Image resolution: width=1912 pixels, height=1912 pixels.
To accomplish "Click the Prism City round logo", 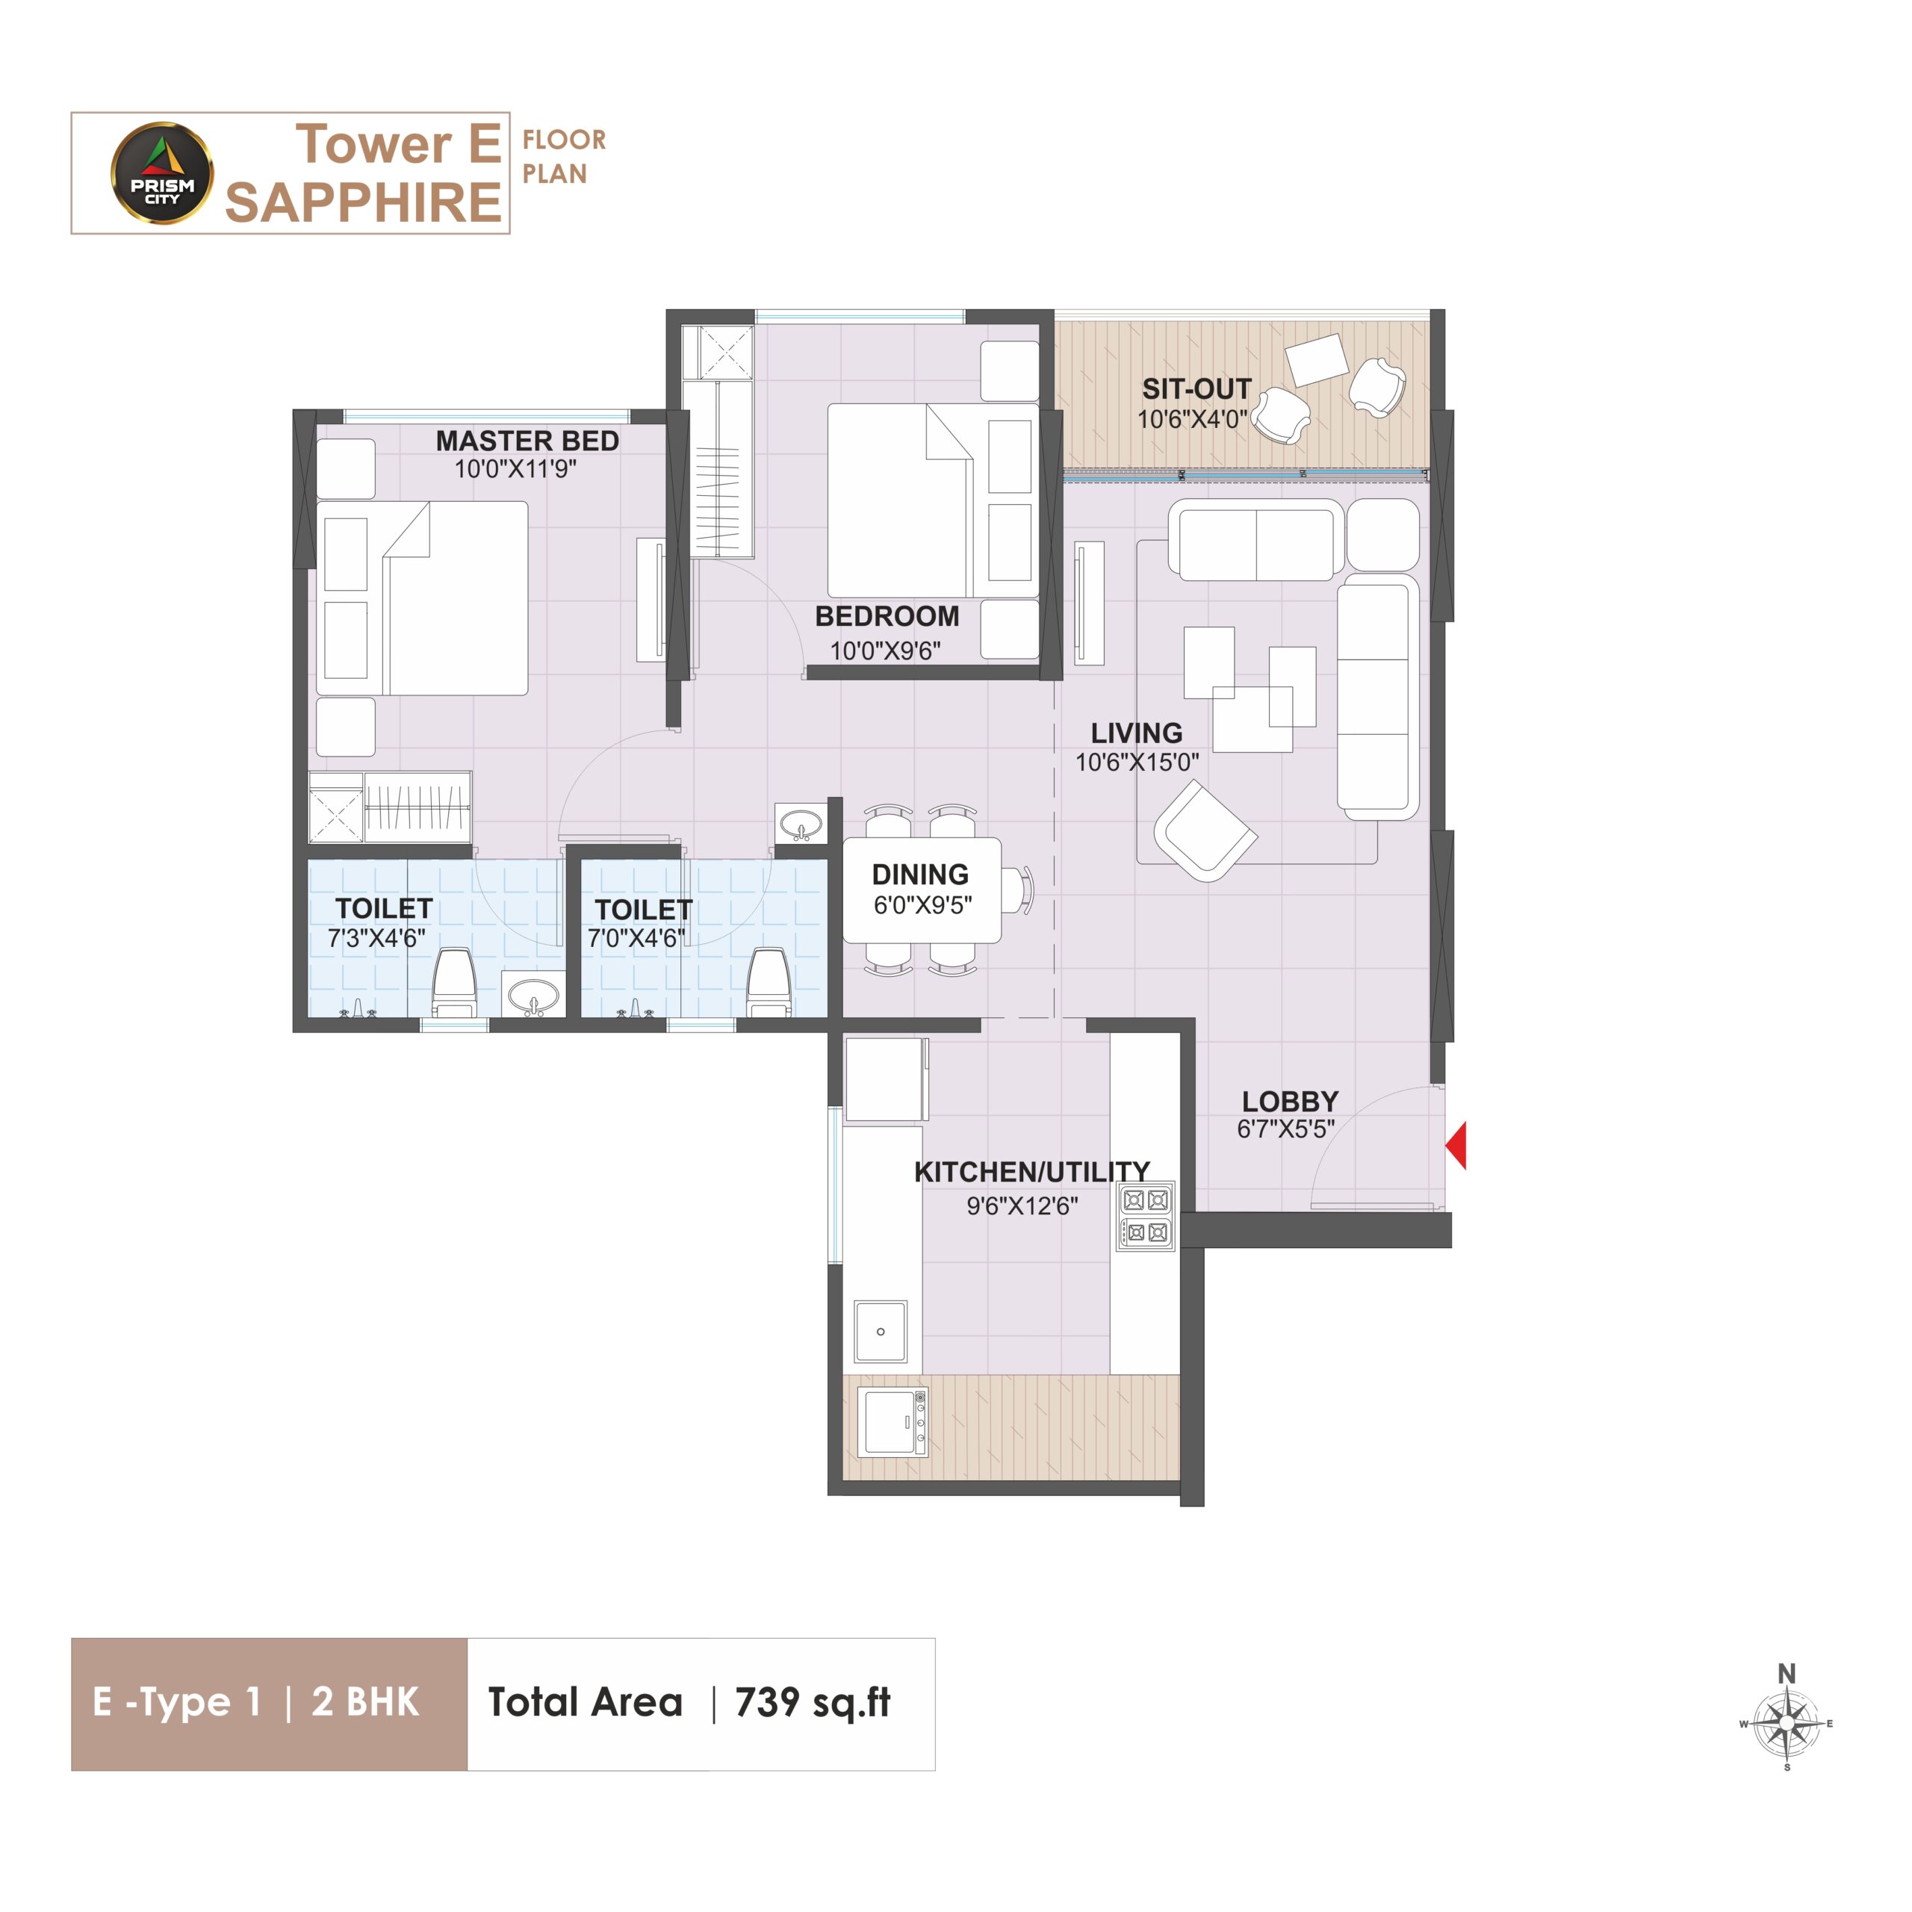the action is pos(161,173).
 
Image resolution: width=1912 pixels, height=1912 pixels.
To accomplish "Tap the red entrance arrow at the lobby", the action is pos(1456,1146).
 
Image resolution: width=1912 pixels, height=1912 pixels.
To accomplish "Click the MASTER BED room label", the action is pos(527,441).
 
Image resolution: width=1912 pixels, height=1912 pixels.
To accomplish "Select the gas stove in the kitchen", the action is pos(1146,1216).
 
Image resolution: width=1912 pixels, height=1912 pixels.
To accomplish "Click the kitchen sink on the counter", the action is pos(881,1331).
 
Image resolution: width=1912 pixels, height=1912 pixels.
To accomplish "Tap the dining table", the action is pos(922,890).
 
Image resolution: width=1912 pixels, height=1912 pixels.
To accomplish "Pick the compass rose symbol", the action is pos(1787,1723).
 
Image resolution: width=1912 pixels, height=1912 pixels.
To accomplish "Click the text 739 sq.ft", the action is pos(813,1702).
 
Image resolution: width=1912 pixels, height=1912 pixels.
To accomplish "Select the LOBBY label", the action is pos(1291,1100).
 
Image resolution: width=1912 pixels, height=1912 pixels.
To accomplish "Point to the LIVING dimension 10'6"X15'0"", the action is pos(1137,762).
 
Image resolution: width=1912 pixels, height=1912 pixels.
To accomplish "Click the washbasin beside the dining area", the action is pos(801,822).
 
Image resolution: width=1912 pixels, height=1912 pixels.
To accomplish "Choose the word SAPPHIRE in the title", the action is pos(363,203).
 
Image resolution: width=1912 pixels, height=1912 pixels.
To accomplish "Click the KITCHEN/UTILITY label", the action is pos(1032,1172).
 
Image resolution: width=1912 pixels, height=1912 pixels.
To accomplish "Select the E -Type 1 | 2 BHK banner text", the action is pos(256,1702).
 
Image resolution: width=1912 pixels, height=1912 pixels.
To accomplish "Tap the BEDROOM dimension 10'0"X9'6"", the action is pos(886,651).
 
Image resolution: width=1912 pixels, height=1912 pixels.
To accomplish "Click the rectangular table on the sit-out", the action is pos(1316,360).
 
